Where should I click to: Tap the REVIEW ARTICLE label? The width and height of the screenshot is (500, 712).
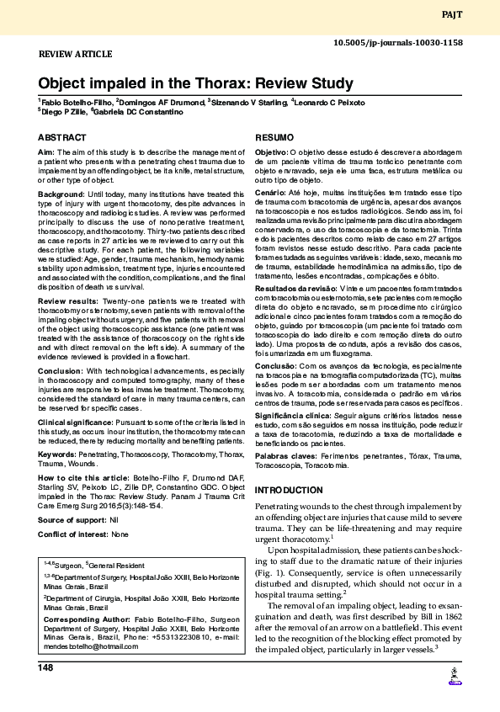coord(76,53)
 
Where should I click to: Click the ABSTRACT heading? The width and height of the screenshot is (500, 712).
coord(61,137)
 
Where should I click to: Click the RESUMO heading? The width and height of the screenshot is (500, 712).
coord(274,137)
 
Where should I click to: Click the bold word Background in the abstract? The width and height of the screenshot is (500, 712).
coord(61,194)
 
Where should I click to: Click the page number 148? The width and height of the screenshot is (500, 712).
coord(45,667)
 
